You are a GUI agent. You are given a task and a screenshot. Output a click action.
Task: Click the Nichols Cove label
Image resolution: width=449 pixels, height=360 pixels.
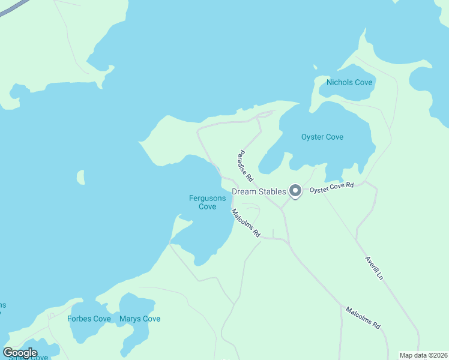349,82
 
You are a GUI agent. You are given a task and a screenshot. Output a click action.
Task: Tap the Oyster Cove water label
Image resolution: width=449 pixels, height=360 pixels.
322,137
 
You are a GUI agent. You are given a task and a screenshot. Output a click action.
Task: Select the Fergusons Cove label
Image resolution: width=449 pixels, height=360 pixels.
207,202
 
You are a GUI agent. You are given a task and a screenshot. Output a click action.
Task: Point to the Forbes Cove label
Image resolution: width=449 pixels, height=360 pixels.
89,319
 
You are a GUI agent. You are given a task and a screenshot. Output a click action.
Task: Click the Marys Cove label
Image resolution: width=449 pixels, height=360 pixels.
140,319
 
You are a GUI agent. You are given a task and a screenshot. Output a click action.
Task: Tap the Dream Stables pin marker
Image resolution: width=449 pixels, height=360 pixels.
295,191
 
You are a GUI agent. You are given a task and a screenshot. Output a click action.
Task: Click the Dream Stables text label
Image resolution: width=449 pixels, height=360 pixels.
258,191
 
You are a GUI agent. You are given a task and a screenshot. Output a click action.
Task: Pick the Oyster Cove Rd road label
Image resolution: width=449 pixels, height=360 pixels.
332,188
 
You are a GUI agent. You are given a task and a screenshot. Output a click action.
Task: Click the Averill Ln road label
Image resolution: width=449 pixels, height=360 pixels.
373,268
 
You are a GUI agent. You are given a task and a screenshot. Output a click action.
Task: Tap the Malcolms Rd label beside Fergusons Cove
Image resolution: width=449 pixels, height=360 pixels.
246,222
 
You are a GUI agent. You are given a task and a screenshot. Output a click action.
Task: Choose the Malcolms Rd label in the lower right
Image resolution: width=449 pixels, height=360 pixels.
363,317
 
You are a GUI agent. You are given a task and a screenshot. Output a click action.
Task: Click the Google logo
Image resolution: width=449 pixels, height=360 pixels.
20,353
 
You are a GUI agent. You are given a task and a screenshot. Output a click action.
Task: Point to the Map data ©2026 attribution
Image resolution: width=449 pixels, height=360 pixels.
423,355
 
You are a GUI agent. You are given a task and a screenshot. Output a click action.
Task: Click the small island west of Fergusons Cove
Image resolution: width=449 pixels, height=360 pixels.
80,177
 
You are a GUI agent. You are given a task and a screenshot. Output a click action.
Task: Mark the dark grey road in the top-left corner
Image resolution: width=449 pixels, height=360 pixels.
12,8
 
